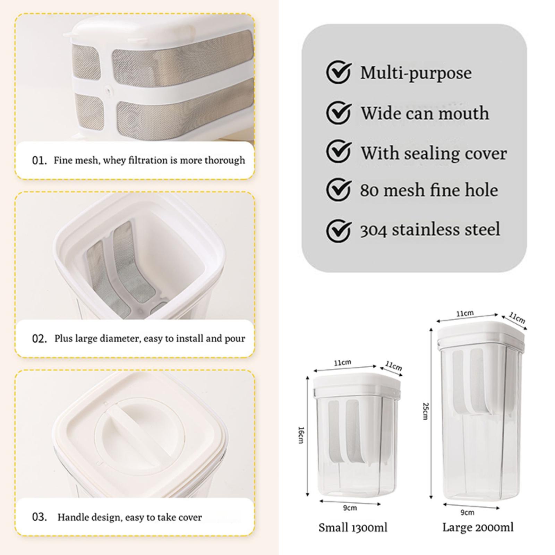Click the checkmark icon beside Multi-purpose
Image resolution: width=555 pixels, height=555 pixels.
pos(338,72)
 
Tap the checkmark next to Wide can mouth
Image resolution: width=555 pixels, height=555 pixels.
pos(338,112)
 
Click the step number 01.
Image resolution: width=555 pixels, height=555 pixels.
pos(39,161)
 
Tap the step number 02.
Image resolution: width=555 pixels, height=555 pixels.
pos(39,339)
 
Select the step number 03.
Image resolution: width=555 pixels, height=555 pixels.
pos(39,517)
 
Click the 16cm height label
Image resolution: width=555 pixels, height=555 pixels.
pos(301,435)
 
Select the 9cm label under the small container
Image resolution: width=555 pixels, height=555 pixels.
pos(350,508)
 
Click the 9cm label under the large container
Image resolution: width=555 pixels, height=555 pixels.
pos(467,512)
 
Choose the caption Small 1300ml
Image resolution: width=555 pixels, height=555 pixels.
pos(353,528)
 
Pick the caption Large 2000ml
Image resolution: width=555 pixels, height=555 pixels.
pos(478,527)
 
